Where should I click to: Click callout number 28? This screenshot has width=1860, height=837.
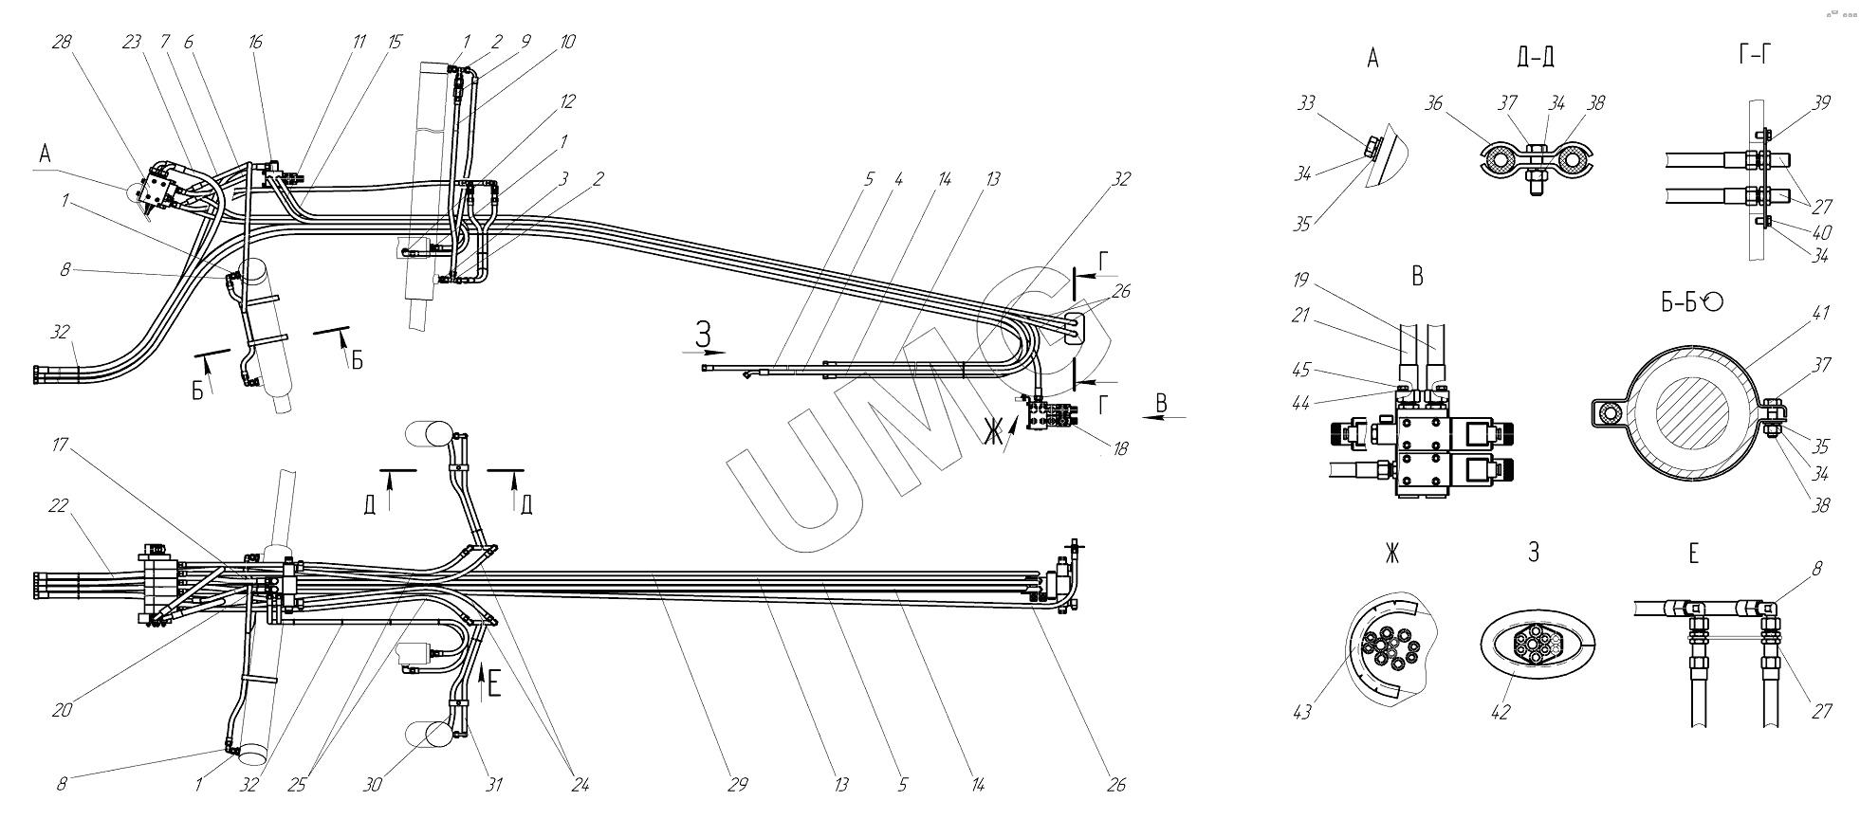tap(63, 42)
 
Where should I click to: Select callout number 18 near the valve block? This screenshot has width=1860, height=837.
tap(1120, 449)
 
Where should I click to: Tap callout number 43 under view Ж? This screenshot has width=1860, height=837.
tap(1301, 711)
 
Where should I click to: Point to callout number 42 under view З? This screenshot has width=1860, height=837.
tap(1499, 711)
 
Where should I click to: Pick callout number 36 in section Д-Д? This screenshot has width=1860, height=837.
tap(1433, 102)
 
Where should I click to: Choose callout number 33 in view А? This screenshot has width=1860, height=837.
tap(1306, 102)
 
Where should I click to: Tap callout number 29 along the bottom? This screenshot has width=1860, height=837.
tap(738, 784)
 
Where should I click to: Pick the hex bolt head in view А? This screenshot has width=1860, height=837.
tap(1371, 150)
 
